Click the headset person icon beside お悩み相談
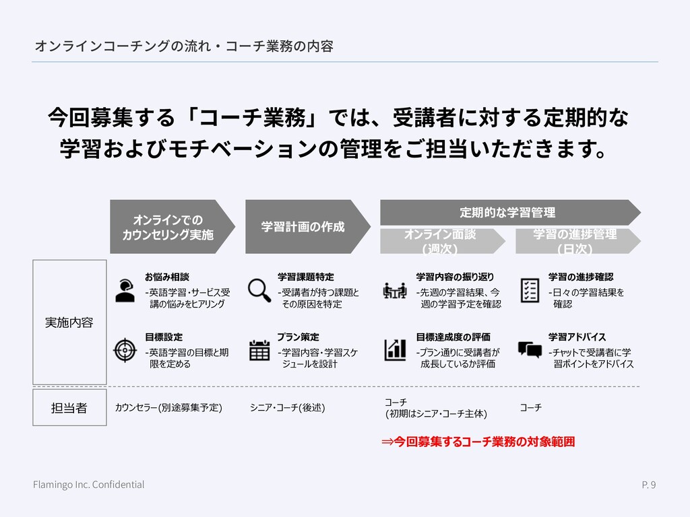pyautogui.click(x=125, y=289)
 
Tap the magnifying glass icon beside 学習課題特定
pyautogui.click(x=259, y=289)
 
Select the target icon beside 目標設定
pyautogui.click(x=125, y=349)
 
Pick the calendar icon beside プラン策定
pyautogui.click(x=259, y=350)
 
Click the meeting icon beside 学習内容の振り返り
pyautogui.click(x=394, y=290)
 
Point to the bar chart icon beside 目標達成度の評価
pyautogui.click(x=395, y=349)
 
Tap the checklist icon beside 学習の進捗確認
pyautogui.click(x=530, y=290)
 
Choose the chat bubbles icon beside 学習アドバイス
pyautogui.click(x=530, y=349)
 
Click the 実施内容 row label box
pyautogui.click(x=70, y=322)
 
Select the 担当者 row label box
pyautogui.click(x=70, y=407)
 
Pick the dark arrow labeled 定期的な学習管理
pyautogui.click(x=509, y=213)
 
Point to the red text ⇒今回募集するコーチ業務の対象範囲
pyautogui.click(x=478, y=442)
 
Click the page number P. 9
pyautogui.click(x=648, y=485)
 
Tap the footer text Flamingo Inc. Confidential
pyautogui.click(x=89, y=485)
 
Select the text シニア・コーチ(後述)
pyautogui.click(x=288, y=407)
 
